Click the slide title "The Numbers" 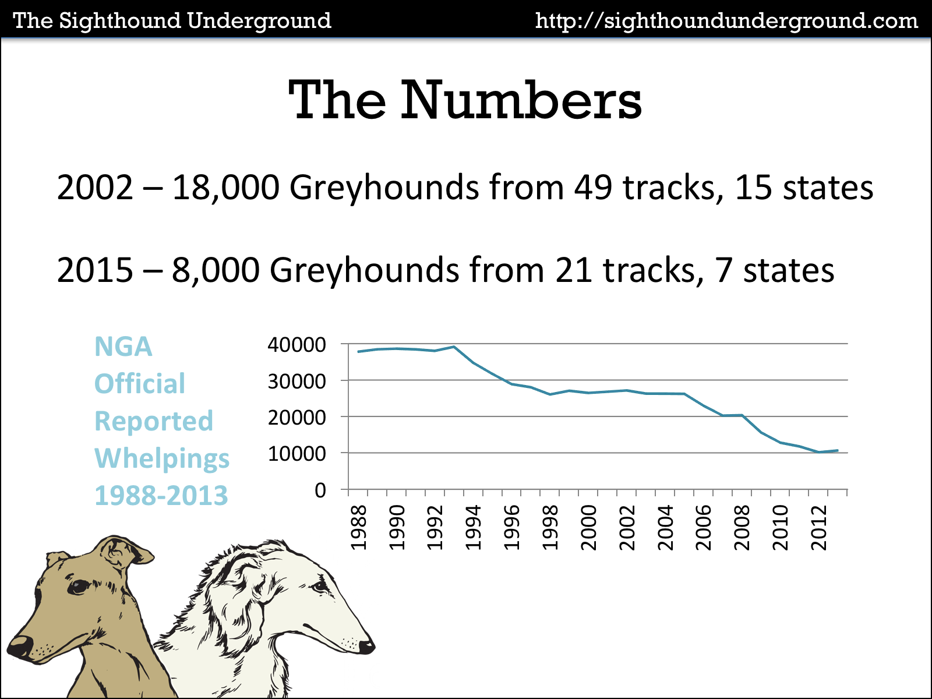click(465, 100)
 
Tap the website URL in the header click(726, 21)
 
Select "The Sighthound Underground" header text click(172, 21)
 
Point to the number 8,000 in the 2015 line click(215, 271)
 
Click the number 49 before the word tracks click(593, 188)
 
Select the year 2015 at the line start click(95, 271)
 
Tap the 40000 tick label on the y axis click(296, 345)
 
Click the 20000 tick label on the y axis click(296, 418)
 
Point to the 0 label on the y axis click(320, 490)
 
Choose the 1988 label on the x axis click(359, 528)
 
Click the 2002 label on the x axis click(627, 528)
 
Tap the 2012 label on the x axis click(819, 528)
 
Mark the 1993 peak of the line click(454, 347)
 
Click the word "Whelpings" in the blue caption click(162, 459)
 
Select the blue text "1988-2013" click(161, 496)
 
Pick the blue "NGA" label click(123, 347)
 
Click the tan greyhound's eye click(78, 587)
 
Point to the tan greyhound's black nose click(19, 645)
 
